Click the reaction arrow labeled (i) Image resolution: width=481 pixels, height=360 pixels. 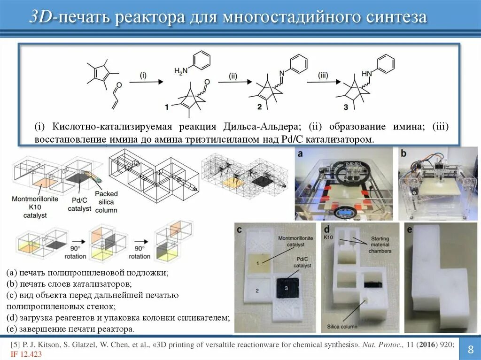coord(146,82)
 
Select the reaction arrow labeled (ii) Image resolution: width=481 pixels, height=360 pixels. coord(233,82)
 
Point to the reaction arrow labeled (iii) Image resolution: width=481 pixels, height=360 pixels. coord(323,82)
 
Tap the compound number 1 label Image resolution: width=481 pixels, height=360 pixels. coord(166,107)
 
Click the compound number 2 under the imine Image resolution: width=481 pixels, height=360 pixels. coord(259,107)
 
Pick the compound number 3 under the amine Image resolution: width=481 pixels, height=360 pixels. coord(346,107)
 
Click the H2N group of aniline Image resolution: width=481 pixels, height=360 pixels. coord(180,71)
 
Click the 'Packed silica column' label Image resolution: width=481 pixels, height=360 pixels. coord(106,202)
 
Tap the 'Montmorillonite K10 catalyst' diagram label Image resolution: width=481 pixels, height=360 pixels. coord(30,207)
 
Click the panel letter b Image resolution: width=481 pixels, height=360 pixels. coord(403,153)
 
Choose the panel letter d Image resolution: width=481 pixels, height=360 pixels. coord(327,230)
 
